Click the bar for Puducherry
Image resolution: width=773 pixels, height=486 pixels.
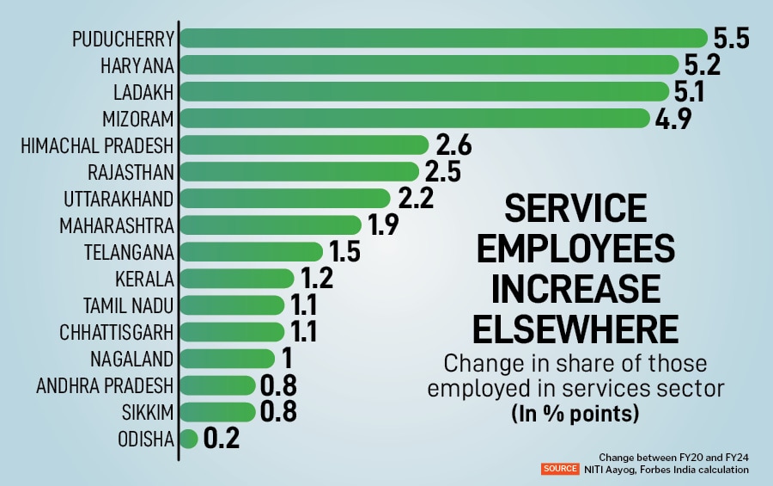coord(442,38)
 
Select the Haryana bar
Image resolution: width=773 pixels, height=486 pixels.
coord(429,65)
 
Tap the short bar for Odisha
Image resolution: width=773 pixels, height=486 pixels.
coord(189,439)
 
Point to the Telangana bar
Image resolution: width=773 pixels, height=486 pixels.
coord(251,251)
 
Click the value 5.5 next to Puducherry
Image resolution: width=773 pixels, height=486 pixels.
coord(732,39)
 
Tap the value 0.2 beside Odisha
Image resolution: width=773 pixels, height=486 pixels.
coord(221,440)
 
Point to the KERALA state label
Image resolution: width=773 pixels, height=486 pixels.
coord(144,279)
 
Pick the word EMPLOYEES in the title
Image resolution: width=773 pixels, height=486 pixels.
coord(576,249)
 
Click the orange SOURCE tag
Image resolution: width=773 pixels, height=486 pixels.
coord(559,470)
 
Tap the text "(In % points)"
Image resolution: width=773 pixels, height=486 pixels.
coord(575,413)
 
